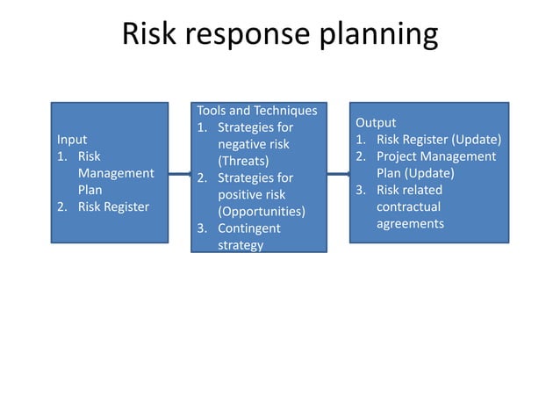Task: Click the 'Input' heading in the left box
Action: click(72, 140)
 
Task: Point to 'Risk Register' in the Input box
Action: click(112, 207)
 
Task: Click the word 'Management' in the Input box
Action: click(116, 173)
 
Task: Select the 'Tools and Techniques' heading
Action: click(257, 111)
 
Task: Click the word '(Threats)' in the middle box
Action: click(243, 162)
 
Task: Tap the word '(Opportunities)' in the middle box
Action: click(262, 212)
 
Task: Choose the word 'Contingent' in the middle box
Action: click(249, 228)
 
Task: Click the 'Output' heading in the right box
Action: click(376, 123)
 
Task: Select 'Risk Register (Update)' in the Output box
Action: click(439, 140)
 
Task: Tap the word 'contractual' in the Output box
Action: click(408, 207)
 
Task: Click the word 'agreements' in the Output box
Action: click(410, 224)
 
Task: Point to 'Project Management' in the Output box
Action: click(436, 156)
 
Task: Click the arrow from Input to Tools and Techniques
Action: click(180, 174)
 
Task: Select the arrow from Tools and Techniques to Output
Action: click(339, 174)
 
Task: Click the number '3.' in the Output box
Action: click(361, 190)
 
